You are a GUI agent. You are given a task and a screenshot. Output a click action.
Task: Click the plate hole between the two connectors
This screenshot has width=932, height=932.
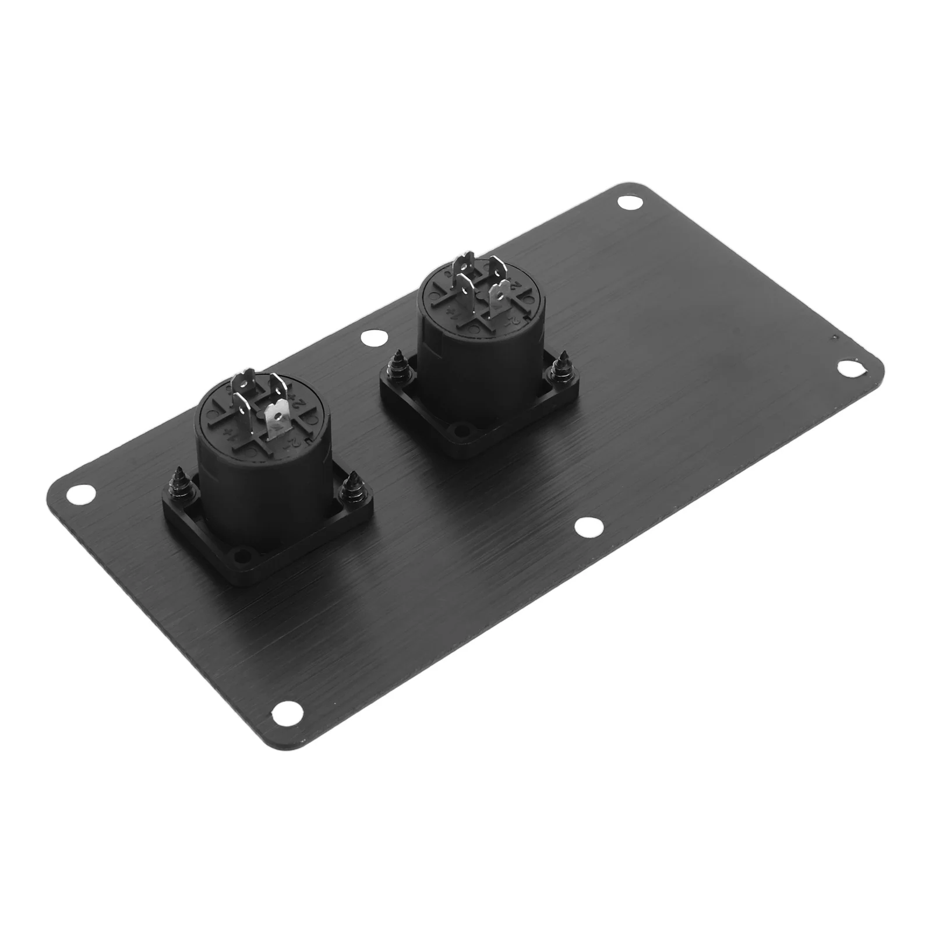[x=370, y=338]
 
